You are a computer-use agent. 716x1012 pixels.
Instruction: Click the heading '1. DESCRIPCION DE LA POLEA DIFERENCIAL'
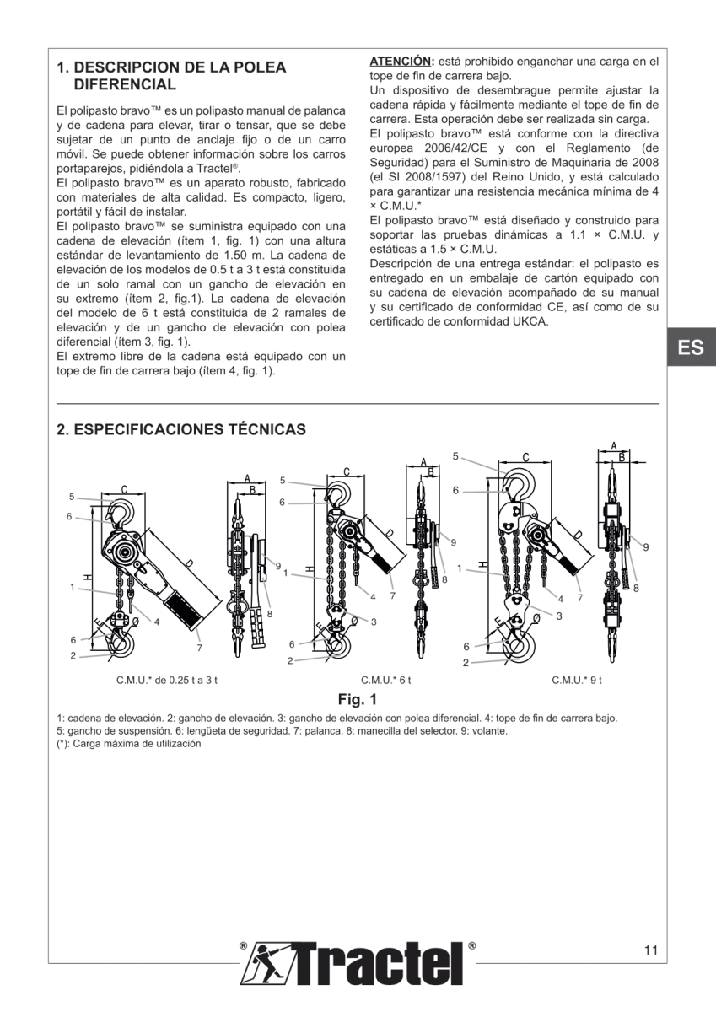tap(171, 76)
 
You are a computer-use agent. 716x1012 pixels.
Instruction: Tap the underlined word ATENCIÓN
tap(401, 62)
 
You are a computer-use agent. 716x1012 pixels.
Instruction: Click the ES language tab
tap(691, 347)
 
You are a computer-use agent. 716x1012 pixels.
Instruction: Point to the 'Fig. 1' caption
tap(358, 699)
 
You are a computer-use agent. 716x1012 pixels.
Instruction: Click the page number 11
tap(649, 950)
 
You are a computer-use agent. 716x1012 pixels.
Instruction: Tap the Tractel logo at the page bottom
tap(358, 961)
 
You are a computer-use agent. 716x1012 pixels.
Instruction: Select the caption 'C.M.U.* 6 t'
tap(386, 680)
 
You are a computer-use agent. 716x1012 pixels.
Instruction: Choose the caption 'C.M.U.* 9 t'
tap(577, 680)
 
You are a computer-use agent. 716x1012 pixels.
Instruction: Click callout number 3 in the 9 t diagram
tap(558, 616)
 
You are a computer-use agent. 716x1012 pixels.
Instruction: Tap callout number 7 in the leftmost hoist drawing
tap(199, 648)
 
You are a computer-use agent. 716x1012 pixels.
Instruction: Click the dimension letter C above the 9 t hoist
tap(525, 457)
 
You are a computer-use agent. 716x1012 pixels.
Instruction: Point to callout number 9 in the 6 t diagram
tap(453, 541)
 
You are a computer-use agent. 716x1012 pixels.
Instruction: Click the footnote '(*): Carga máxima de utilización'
tap(128, 745)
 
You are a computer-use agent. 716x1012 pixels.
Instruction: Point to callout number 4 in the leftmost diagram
tap(157, 622)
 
